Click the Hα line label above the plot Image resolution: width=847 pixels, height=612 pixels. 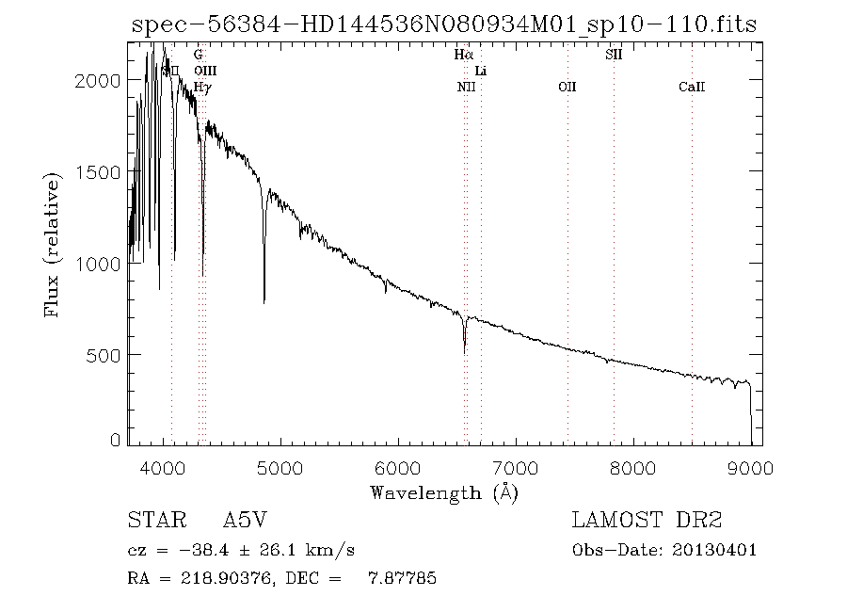pyautogui.click(x=462, y=56)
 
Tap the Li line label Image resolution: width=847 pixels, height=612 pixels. pyautogui.click(x=481, y=72)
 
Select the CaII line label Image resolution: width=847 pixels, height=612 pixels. pyautogui.click(x=692, y=88)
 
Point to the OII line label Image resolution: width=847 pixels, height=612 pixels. pyautogui.click(x=567, y=88)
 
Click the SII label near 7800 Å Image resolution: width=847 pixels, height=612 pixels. pyautogui.click(x=613, y=56)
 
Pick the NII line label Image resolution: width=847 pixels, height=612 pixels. pyautogui.click(x=466, y=88)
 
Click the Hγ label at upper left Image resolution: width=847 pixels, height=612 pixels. pyautogui.click(x=201, y=88)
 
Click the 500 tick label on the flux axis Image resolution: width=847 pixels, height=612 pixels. pyautogui.click(x=103, y=355)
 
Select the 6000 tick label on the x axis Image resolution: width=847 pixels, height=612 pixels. pyautogui.click(x=398, y=467)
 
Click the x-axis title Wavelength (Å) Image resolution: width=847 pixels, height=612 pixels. pyautogui.click(x=444, y=492)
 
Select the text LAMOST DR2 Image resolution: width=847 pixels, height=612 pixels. pyautogui.click(x=647, y=521)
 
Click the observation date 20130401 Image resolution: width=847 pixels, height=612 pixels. pyautogui.click(x=715, y=550)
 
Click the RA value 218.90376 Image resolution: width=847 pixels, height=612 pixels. pyautogui.click(x=218, y=578)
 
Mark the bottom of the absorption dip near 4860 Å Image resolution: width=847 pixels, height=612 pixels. pyautogui.click(x=264, y=302)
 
